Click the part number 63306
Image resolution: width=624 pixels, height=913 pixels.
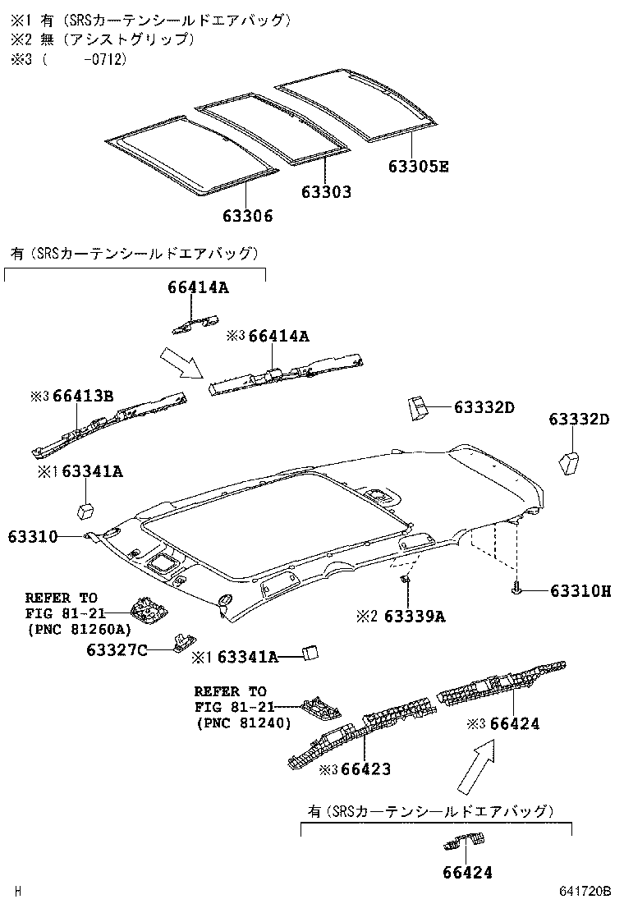click(247, 216)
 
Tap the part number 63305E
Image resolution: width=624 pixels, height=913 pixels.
click(419, 167)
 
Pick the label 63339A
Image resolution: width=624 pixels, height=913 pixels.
click(415, 616)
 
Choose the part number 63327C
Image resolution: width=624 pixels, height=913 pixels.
click(117, 650)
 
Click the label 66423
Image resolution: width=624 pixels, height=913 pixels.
click(365, 769)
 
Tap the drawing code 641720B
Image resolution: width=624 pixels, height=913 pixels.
click(586, 891)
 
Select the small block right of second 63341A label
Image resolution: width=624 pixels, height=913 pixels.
click(310, 653)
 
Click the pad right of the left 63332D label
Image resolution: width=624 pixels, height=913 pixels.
click(417, 407)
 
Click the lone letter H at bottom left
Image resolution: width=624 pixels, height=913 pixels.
click(18, 891)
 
